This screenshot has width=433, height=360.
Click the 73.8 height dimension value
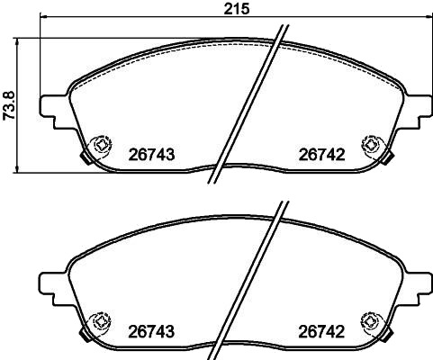point(10,106)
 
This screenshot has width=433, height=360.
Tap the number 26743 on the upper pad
point(151,155)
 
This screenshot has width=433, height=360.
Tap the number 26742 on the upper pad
point(321,155)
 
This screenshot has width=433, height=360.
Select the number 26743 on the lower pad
point(151,332)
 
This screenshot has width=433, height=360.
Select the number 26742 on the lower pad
point(321,332)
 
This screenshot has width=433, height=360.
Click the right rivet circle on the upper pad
point(372,145)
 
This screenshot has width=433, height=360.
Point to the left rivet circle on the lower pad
point(102,322)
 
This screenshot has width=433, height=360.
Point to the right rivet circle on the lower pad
point(372,322)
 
